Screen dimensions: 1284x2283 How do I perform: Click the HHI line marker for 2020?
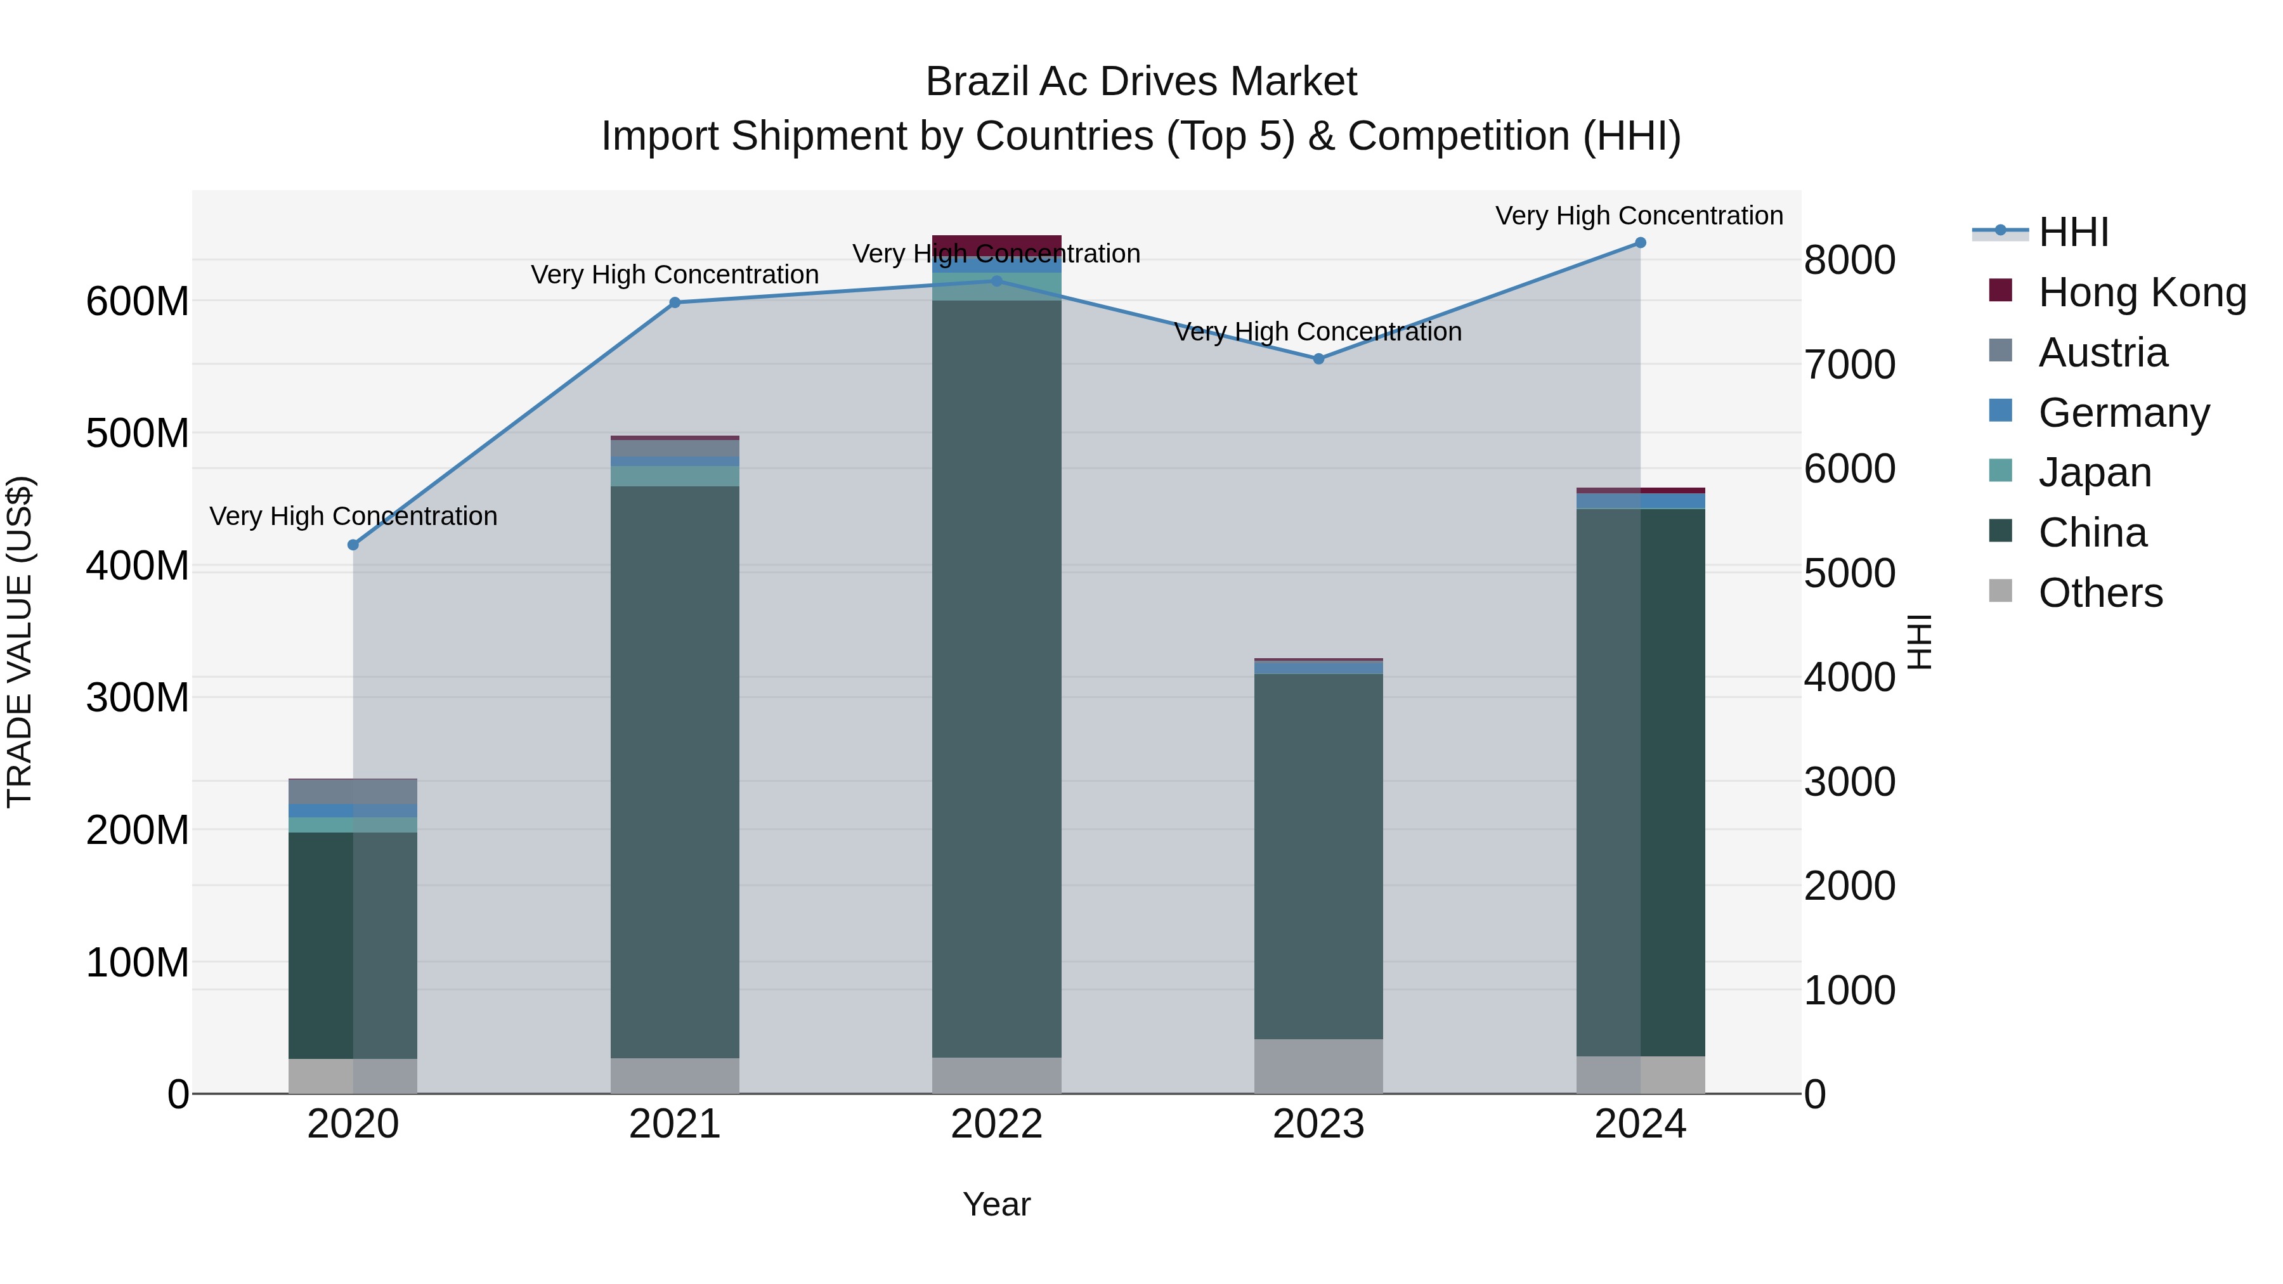[353, 545]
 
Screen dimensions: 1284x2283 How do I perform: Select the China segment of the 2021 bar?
[675, 771]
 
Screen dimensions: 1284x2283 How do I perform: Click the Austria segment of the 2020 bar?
[353, 791]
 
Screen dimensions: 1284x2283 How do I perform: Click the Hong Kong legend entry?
[2141, 292]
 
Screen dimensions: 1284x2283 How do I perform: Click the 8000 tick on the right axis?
[1850, 261]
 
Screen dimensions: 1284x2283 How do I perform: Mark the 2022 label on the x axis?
[996, 1124]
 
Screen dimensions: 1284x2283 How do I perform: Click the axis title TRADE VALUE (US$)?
[20, 642]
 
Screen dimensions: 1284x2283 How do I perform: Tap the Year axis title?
[996, 1204]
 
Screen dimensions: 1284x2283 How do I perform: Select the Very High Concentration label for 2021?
[675, 275]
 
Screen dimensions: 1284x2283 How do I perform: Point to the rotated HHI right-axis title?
[1919, 642]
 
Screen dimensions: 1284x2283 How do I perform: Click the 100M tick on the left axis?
[138, 963]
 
